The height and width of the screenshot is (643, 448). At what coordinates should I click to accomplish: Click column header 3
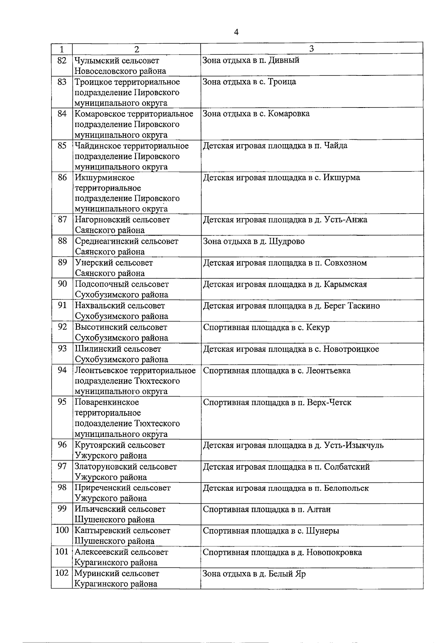(x=311, y=49)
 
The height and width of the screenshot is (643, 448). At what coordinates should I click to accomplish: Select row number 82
(x=62, y=60)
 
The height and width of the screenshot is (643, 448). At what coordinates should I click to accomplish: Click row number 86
(x=62, y=177)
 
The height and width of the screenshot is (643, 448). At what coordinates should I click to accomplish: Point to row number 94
(x=62, y=370)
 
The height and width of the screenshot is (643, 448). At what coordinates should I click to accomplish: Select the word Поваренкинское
(x=107, y=403)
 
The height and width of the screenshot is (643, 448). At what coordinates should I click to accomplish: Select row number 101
(x=62, y=552)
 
